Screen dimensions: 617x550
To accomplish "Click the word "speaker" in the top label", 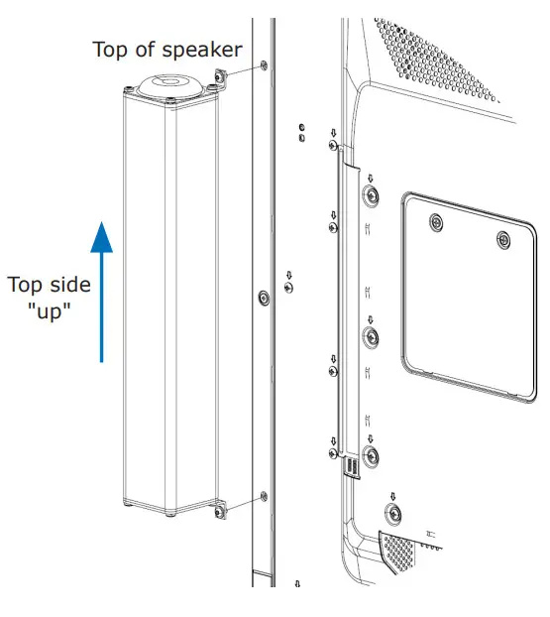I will click(x=203, y=50).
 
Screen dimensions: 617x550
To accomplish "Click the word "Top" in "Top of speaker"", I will click(x=111, y=50).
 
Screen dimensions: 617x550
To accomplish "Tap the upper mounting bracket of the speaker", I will click(x=219, y=79).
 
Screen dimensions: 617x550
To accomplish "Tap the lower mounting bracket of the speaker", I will click(x=217, y=510).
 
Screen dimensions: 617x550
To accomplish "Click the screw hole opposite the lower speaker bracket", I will click(x=262, y=495).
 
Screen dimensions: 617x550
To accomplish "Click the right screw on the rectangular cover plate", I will click(x=503, y=239).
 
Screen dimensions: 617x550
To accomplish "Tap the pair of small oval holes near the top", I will click(x=300, y=133).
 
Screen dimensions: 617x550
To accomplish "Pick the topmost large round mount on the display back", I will click(x=370, y=193).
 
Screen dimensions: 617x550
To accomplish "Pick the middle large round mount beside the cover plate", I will click(x=370, y=337).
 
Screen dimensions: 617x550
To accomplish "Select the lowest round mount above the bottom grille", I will click(x=393, y=513).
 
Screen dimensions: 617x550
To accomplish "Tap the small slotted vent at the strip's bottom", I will click(x=352, y=466).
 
